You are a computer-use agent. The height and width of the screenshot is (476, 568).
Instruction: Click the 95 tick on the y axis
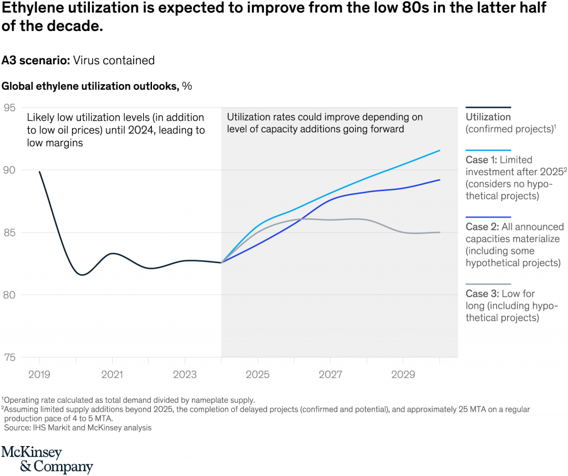coord(10,108)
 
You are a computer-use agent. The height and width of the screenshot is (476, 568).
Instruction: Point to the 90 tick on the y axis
coord(10,170)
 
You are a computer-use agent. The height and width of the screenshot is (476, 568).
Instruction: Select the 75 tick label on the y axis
coord(10,357)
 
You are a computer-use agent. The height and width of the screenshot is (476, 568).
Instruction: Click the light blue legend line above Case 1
coord(488,150)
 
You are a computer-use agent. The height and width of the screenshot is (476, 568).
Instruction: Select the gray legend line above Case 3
coord(488,284)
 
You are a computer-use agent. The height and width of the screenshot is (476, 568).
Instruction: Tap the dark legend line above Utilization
coord(488,108)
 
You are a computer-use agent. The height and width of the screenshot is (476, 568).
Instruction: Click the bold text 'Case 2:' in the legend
coord(482,227)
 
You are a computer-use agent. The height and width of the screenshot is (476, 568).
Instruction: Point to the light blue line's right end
coord(440,150)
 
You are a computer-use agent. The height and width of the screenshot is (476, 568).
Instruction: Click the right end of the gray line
coord(440,232)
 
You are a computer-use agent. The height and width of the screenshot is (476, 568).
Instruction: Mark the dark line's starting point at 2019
coord(39,172)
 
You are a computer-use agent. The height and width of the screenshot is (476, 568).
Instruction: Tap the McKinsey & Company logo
coord(47,459)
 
